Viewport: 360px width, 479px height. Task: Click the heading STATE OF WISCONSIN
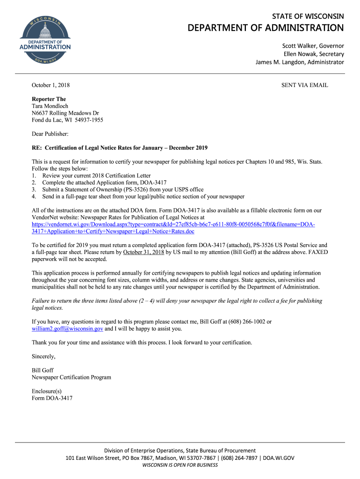(308, 16)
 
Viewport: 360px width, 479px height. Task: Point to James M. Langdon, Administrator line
(299, 62)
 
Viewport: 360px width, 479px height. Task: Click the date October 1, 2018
(50, 85)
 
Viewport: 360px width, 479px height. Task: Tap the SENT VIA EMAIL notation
(304, 85)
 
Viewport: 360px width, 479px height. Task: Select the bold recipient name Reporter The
(49, 99)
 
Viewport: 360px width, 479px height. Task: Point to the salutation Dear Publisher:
(50, 134)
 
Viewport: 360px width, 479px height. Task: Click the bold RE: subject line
(119, 148)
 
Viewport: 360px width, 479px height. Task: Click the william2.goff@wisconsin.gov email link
(67, 329)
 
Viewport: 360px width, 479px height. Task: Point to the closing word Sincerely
(43, 356)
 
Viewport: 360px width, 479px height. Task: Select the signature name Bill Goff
(43, 370)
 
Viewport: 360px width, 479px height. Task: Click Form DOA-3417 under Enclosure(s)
(52, 399)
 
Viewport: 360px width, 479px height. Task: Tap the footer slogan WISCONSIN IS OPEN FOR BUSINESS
(180, 465)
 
